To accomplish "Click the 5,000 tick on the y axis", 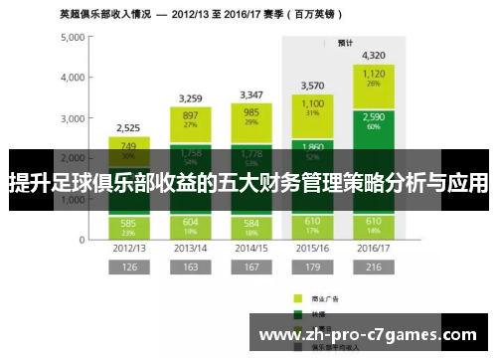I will [x=73, y=37].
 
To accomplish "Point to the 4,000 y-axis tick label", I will [x=73, y=78].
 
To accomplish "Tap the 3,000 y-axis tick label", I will [x=73, y=118].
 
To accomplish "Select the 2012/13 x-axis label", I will [x=127, y=248].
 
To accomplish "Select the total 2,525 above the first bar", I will [x=127, y=127].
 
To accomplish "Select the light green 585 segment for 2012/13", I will [x=127, y=225].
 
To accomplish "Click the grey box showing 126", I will [x=127, y=268].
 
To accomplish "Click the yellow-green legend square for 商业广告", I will [x=297, y=297].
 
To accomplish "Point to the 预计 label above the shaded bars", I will [x=345, y=43].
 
